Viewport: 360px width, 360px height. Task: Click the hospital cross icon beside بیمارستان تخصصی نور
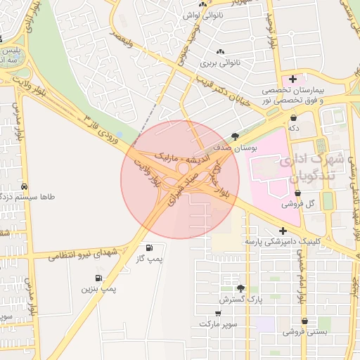(x=292, y=79)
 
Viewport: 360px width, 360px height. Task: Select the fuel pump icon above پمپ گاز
(x=149, y=247)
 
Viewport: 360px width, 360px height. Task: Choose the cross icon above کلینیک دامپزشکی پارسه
(x=283, y=230)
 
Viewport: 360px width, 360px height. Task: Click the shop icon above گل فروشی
(x=297, y=191)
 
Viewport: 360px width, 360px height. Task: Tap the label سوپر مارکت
(x=218, y=324)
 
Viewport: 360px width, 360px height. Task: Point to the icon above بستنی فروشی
(x=304, y=321)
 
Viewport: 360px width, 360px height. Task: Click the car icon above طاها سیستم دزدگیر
(x=25, y=187)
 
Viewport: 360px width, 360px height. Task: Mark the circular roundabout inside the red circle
(x=183, y=169)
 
